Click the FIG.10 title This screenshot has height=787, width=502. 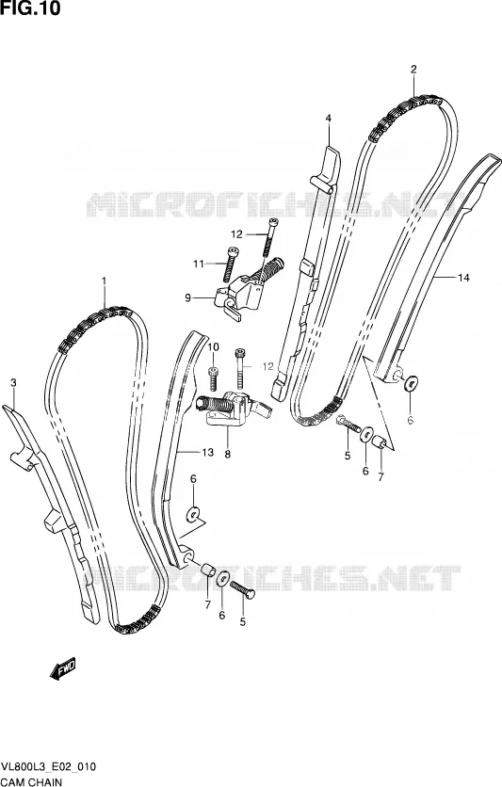click(x=30, y=8)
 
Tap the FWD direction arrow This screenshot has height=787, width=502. click(x=63, y=668)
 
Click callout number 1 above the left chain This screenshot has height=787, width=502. click(x=105, y=281)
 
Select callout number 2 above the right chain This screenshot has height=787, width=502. click(x=413, y=70)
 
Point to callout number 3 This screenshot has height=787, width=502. click(x=13, y=383)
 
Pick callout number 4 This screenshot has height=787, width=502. click(x=329, y=119)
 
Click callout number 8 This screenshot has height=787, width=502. click(x=227, y=455)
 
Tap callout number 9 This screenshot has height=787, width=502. click(x=187, y=298)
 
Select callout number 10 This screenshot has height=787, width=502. click(x=214, y=346)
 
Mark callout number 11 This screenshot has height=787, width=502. click(x=199, y=264)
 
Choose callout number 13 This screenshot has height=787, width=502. click(x=208, y=453)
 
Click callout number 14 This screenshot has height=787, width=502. click(x=463, y=278)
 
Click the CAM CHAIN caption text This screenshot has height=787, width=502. click(x=31, y=782)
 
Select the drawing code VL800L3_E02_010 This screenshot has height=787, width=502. click(x=49, y=767)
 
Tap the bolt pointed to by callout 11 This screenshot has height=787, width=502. click(x=232, y=265)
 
